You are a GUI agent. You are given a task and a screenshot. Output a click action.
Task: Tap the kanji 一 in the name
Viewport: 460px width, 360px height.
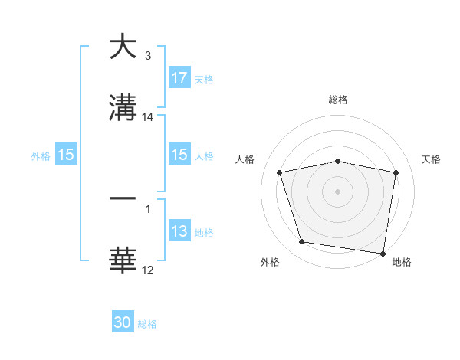122,198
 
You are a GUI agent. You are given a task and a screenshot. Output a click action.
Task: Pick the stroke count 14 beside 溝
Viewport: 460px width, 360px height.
148,117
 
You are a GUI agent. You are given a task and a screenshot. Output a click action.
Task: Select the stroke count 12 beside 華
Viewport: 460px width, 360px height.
148,270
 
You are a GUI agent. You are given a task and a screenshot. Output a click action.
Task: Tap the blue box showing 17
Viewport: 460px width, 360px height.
179,78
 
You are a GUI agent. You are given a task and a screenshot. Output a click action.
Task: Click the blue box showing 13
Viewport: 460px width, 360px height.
179,231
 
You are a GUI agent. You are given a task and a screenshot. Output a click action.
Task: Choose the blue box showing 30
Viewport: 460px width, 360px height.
123,322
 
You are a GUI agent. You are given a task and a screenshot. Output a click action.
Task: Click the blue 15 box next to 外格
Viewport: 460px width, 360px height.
66,155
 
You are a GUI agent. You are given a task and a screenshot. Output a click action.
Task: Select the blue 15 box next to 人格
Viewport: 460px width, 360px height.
179,155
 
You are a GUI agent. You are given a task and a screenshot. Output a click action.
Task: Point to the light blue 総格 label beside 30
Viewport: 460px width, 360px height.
147,324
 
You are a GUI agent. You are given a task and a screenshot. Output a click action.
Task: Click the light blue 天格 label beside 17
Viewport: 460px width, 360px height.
204,79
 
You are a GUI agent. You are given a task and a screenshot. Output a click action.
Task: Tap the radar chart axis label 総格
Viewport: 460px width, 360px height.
338,100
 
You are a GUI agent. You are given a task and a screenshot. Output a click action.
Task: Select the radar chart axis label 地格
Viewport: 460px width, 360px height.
402,262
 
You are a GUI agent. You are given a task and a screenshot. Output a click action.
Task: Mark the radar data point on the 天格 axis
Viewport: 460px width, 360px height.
396,172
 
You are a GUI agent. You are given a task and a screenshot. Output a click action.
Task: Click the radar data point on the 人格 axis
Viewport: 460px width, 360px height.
280,172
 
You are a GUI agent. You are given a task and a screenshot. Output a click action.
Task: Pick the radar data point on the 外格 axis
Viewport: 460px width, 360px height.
302,242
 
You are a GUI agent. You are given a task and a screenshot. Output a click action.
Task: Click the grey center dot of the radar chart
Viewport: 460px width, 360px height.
338,191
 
